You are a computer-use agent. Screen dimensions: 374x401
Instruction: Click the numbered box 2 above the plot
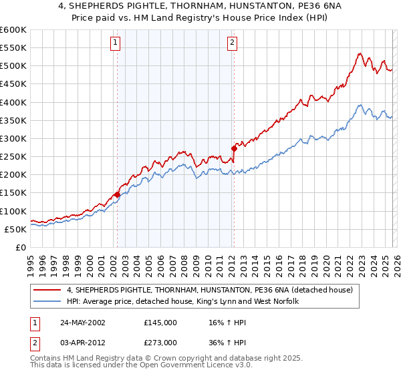(x=232, y=43)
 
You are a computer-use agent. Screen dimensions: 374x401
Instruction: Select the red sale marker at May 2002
(x=117, y=194)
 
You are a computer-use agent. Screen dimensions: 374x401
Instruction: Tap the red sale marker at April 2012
(x=234, y=148)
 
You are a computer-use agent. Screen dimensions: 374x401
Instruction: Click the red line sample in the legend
(x=48, y=290)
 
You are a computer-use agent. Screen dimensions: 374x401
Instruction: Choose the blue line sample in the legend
(x=48, y=302)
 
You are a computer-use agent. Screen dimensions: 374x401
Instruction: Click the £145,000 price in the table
(x=160, y=323)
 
